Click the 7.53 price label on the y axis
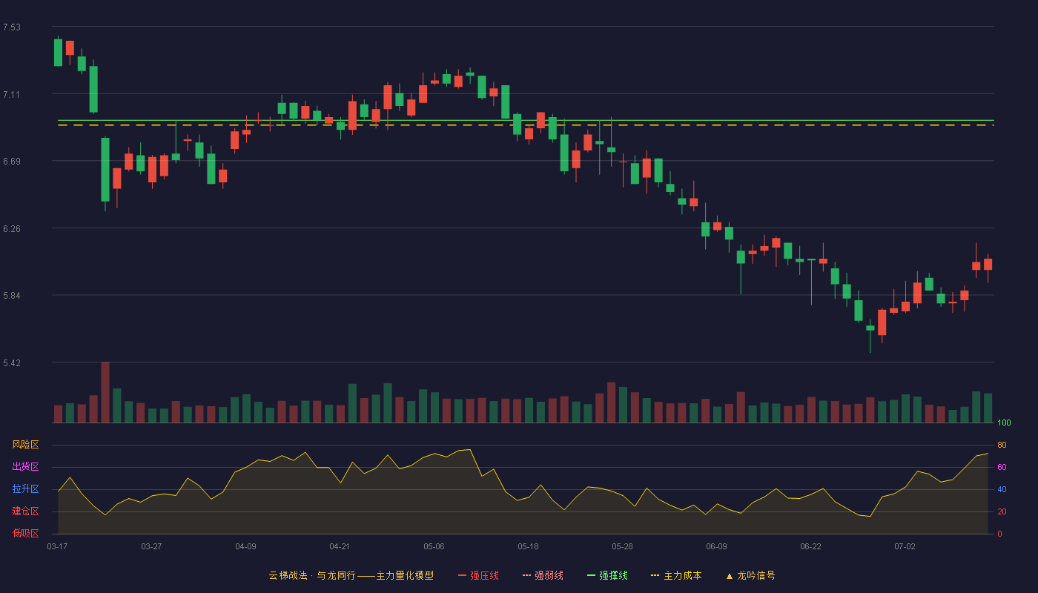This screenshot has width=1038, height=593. point(12,27)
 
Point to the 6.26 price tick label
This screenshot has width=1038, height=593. point(12,229)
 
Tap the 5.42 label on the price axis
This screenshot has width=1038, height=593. point(12,362)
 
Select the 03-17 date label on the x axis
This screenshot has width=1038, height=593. point(58,547)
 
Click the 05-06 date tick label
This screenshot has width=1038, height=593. point(434,547)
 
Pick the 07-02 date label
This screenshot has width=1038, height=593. point(905,547)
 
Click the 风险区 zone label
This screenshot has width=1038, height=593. point(25,445)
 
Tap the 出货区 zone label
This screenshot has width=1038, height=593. point(25,466)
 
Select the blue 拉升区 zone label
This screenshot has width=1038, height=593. point(25,488)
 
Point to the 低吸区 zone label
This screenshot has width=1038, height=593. point(25,533)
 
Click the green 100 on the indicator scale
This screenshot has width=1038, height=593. point(1004,423)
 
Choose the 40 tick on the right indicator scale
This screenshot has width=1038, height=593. point(1002,489)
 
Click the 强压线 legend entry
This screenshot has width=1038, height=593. point(478,575)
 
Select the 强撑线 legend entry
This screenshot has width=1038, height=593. point(607,575)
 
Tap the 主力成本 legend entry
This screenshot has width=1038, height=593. point(676,575)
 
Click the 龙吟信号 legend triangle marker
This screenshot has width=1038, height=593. point(730,577)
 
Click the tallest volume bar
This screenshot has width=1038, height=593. point(105,392)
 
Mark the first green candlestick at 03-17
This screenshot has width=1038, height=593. point(58,53)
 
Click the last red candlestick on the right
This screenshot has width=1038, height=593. point(988,265)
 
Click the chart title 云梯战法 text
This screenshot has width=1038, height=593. point(288,575)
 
